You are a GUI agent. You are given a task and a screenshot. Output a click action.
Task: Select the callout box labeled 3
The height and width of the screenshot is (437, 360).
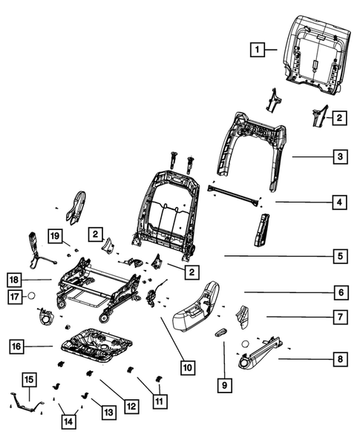pyautogui.click(x=338, y=157)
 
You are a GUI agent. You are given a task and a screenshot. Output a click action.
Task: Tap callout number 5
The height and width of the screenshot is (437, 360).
pyautogui.click(x=338, y=257)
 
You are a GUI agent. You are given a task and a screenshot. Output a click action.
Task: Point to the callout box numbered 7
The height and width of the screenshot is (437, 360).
pyautogui.click(x=338, y=318)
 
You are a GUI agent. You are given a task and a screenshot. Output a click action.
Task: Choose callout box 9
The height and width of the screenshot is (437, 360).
pyautogui.click(x=223, y=384)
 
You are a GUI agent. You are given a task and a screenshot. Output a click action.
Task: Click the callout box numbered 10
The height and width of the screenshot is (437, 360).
pyautogui.click(x=189, y=367)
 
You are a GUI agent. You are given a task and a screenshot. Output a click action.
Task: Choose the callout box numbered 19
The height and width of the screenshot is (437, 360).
pyautogui.click(x=54, y=236)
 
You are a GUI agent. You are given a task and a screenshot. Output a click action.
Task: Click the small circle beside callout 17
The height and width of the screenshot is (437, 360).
pyautogui.click(x=33, y=298)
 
